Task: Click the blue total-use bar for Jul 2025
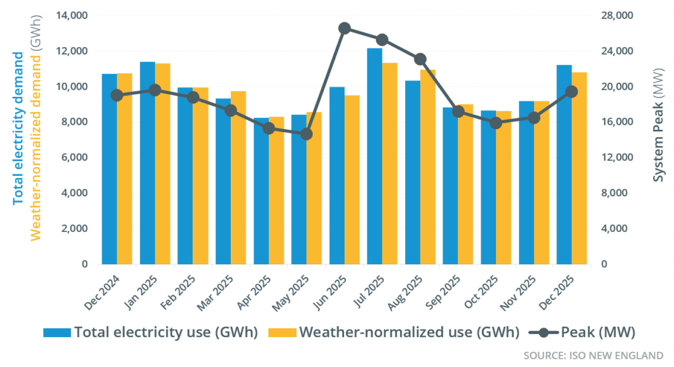coord(375,156)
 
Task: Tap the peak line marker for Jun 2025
coord(345,28)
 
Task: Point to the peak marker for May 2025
coord(306,134)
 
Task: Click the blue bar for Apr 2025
coord(261,191)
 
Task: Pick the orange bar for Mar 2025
coord(238,178)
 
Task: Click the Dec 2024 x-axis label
coord(101,292)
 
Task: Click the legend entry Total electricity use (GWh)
coord(150,332)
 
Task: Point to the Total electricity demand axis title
coord(18,127)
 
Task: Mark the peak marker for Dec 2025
coord(572,92)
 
